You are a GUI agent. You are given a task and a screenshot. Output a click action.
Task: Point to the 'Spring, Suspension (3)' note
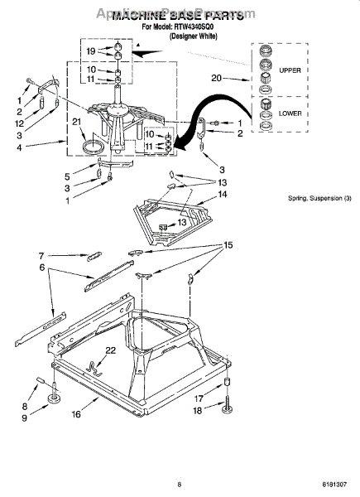tap(319, 198)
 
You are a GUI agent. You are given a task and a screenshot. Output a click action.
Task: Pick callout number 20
tap(216, 78)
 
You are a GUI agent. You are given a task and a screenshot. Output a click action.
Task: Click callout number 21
tap(76, 123)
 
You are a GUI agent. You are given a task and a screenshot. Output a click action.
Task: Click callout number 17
tap(198, 398)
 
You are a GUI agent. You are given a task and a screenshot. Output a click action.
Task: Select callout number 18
tap(198, 412)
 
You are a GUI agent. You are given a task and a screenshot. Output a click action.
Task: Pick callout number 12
tap(20, 123)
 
